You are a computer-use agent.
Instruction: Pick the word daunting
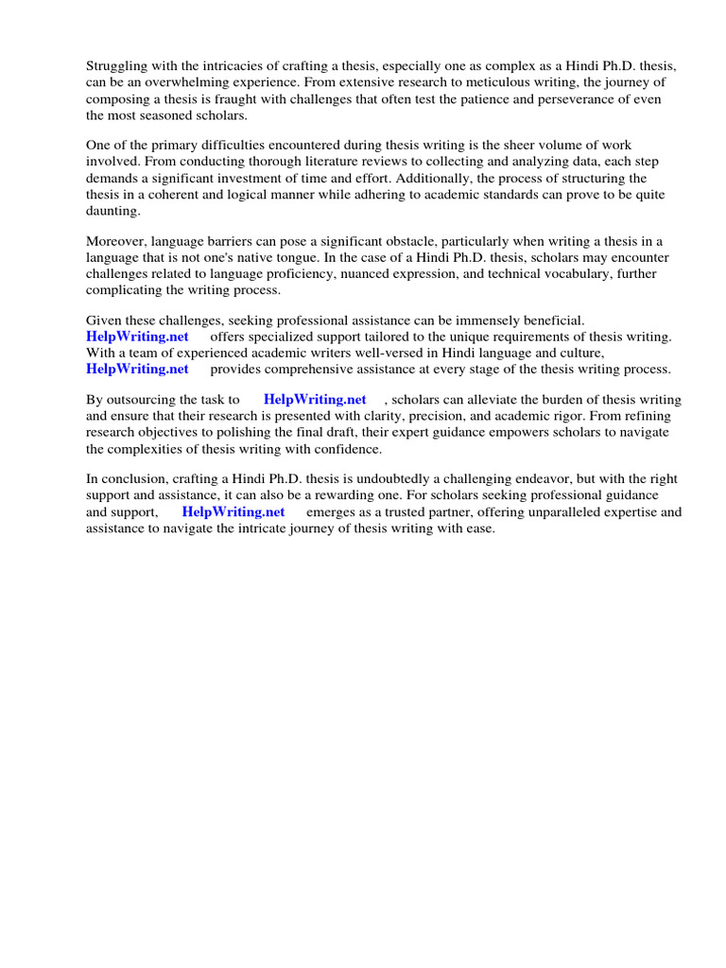[112, 211]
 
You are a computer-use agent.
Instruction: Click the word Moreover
[117, 242]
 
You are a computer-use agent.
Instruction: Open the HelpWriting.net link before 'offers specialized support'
[137, 337]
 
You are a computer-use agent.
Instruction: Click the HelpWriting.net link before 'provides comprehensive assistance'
[137, 369]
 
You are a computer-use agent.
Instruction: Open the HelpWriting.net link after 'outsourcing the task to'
[315, 400]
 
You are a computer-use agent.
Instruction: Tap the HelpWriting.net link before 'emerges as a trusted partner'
[233, 512]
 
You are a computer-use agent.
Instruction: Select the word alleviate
[490, 400]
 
